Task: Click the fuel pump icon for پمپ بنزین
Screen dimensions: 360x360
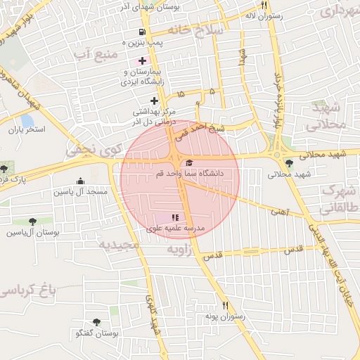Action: [143, 32]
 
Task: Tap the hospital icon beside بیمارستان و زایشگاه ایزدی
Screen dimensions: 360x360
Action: [143, 61]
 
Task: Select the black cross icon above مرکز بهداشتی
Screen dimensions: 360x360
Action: [155, 101]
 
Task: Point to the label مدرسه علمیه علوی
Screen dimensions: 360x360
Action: [174, 229]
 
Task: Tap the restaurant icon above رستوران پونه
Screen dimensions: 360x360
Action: [226, 305]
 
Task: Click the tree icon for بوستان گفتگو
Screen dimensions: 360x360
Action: [96, 322]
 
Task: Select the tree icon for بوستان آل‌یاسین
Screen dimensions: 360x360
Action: [31, 221]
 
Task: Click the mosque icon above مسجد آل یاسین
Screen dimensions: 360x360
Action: [79, 181]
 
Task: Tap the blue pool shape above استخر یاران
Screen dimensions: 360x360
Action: [27, 120]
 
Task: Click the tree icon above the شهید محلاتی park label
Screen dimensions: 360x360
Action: [290, 163]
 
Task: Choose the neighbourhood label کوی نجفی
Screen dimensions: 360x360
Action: [94, 149]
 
